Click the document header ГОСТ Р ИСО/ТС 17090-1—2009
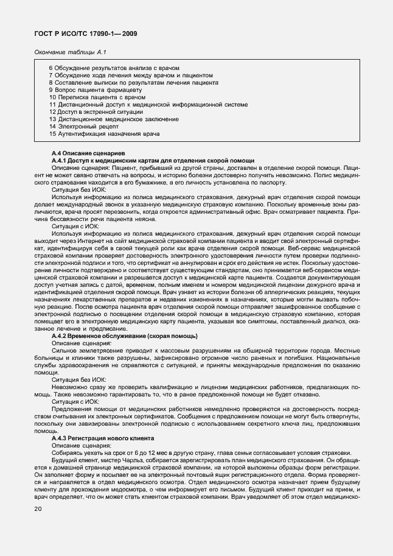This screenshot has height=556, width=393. click(x=85, y=35)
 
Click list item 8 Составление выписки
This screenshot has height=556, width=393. click(x=134, y=82)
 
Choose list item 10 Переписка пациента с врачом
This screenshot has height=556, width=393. click(x=97, y=97)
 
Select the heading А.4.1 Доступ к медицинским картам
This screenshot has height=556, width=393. click(x=153, y=160)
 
